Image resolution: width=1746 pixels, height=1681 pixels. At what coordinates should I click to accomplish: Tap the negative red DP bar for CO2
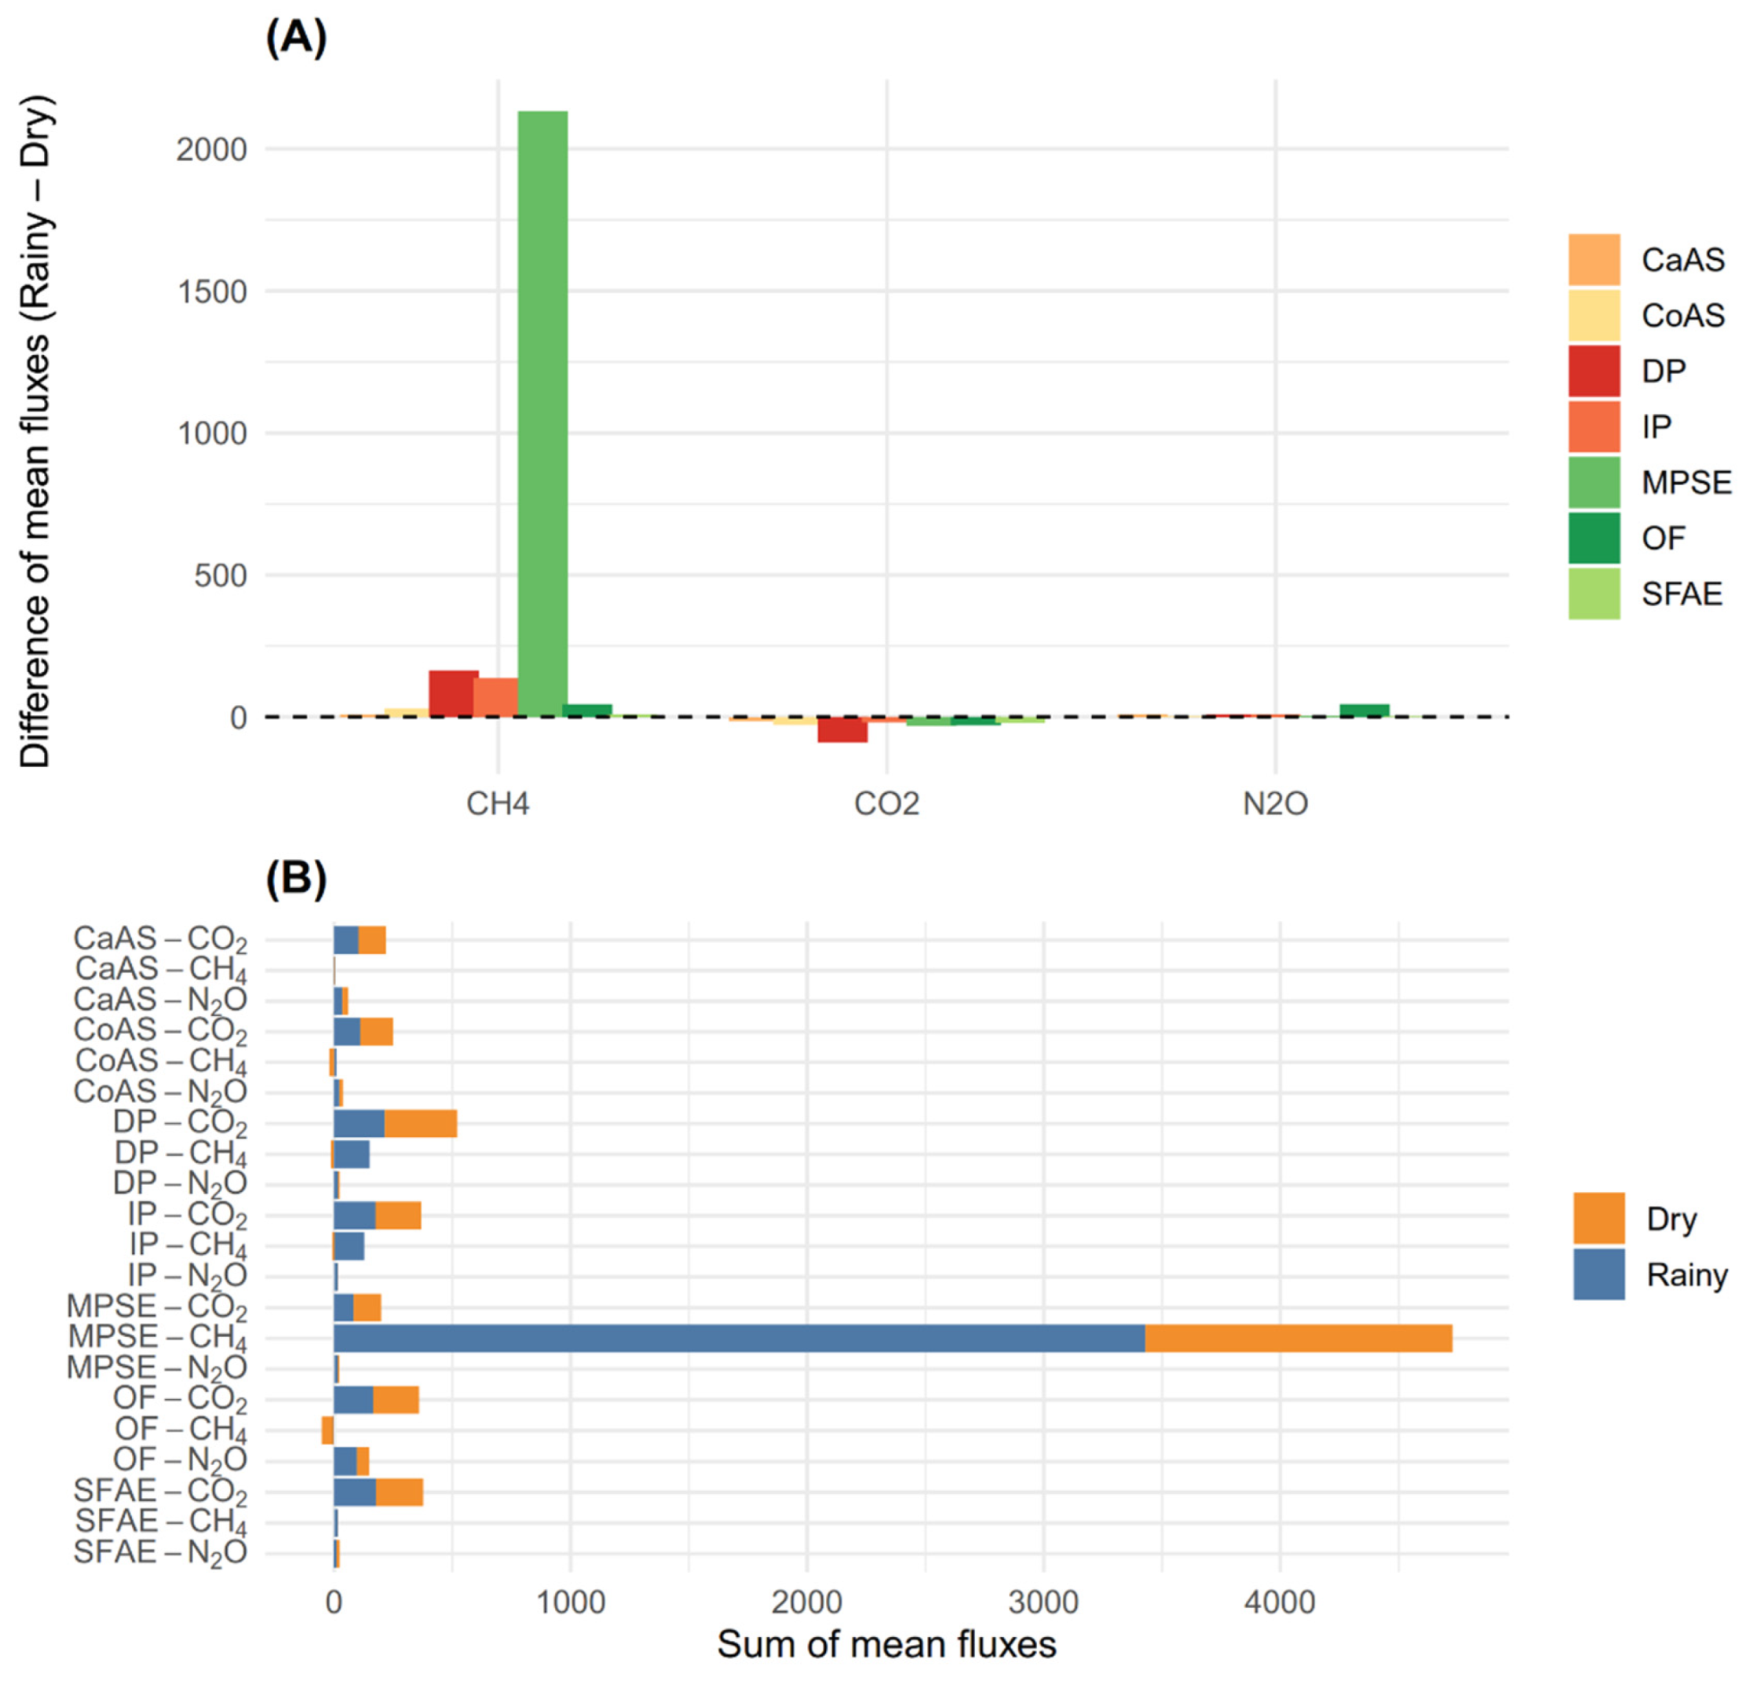pyautogui.click(x=842, y=729)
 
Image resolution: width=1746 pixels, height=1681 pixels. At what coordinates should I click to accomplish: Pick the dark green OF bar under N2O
pyautogui.click(x=1364, y=711)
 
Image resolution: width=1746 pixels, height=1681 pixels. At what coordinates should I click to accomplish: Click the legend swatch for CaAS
pyautogui.click(x=1594, y=259)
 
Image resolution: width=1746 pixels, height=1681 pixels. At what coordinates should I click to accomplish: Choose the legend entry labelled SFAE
pyautogui.click(x=1681, y=594)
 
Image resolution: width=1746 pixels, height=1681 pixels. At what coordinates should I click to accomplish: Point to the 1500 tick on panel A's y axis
pyautogui.click(x=212, y=291)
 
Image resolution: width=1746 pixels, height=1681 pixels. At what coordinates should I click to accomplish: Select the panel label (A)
pyautogui.click(x=296, y=38)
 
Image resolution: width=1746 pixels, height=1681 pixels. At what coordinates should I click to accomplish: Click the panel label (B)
pyautogui.click(x=296, y=879)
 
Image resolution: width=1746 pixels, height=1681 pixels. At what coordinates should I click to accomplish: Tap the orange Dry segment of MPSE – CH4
pyautogui.click(x=1298, y=1338)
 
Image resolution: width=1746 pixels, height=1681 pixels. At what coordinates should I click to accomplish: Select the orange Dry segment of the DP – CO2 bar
pyautogui.click(x=421, y=1124)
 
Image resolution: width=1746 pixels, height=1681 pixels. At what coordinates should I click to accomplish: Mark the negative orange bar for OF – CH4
pyautogui.click(x=327, y=1431)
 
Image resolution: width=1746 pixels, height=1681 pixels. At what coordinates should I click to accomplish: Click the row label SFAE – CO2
pyautogui.click(x=160, y=1491)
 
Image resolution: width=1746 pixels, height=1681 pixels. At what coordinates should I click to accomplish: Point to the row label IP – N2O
pyautogui.click(x=187, y=1277)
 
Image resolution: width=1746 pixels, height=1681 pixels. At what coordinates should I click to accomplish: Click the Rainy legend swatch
pyautogui.click(x=1598, y=1274)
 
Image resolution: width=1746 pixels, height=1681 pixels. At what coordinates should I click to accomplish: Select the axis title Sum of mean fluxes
pyautogui.click(x=886, y=1644)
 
